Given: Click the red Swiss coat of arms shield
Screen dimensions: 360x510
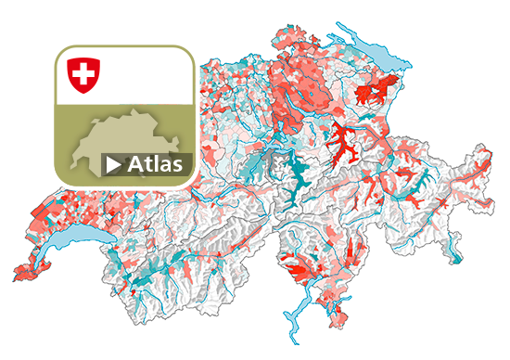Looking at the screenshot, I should point(84,74).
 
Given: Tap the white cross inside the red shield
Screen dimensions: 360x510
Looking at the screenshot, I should point(84,72).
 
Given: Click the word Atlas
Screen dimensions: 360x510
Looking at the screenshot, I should point(158,164).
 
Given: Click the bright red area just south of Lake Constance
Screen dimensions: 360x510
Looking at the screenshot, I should point(374,92).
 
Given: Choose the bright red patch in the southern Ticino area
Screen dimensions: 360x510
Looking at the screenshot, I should point(301,270).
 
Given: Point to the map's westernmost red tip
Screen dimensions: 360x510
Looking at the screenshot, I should point(18,274).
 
